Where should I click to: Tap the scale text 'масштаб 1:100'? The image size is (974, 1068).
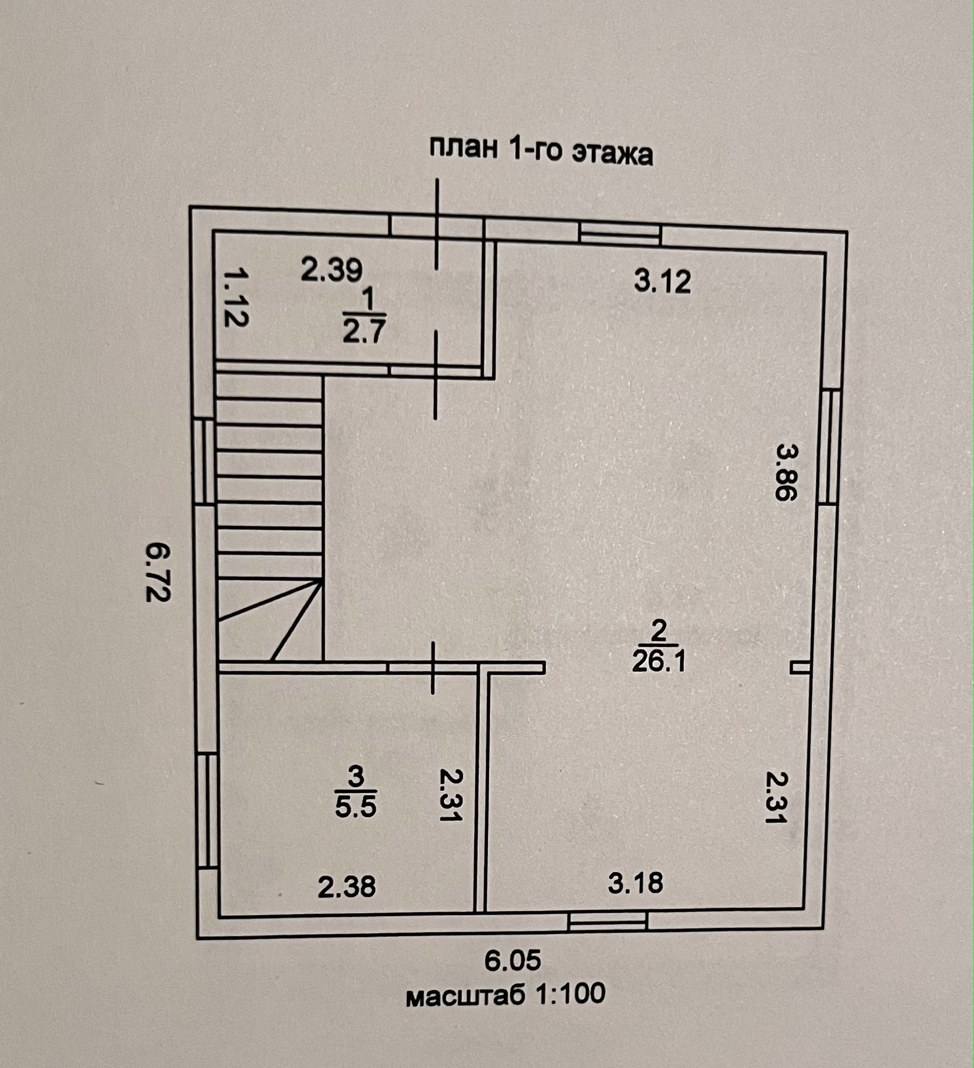(506, 994)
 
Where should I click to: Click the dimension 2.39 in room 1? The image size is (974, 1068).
(332, 270)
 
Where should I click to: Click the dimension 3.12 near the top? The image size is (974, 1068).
(662, 281)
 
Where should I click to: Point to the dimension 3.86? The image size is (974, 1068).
(786, 472)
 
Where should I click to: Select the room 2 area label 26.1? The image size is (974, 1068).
(659, 662)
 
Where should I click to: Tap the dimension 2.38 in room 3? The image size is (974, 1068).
(347, 886)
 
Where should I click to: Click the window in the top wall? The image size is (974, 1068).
(620, 234)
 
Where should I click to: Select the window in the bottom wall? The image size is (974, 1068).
(608, 922)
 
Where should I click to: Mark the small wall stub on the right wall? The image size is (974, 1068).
(801, 668)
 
